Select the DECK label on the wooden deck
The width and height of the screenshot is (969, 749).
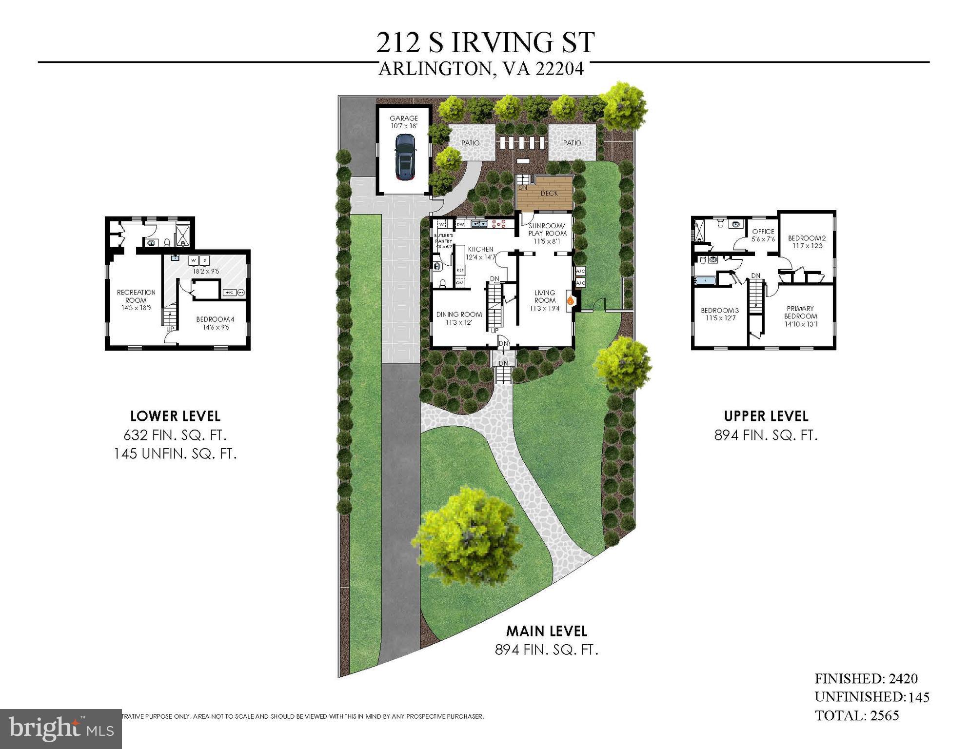pyautogui.click(x=549, y=193)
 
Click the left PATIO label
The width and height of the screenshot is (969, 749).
pyautogui.click(x=470, y=143)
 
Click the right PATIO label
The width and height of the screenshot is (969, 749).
pyautogui.click(x=572, y=143)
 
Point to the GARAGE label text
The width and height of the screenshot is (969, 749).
pyautogui.click(x=403, y=118)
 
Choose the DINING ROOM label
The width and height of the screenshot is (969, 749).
pyautogui.click(x=459, y=315)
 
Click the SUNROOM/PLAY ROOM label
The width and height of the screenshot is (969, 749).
pyautogui.click(x=547, y=230)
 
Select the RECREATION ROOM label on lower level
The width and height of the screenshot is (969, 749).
pyautogui.click(x=136, y=296)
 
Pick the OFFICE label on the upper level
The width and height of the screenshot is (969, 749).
pyautogui.click(x=763, y=232)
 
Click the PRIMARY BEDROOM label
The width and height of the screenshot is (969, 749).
pyautogui.click(x=800, y=312)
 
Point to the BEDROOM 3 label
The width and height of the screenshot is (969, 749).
pyautogui.click(x=719, y=311)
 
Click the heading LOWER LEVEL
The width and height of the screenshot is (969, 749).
pyautogui.click(x=175, y=416)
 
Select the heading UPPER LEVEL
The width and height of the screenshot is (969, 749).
pyautogui.click(x=766, y=416)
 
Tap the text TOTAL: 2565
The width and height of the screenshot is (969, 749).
pyautogui.click(x=857, y=715)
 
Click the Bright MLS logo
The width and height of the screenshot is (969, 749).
pyautogui.click(x=61, y=729)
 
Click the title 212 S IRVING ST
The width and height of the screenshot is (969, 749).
pyautogui.click(x=485, y=42)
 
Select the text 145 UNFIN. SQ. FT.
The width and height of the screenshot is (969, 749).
pyautogui.click(x=175, y=454)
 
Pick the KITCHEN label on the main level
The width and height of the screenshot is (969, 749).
pyautogui.click(x=481, y=249)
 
